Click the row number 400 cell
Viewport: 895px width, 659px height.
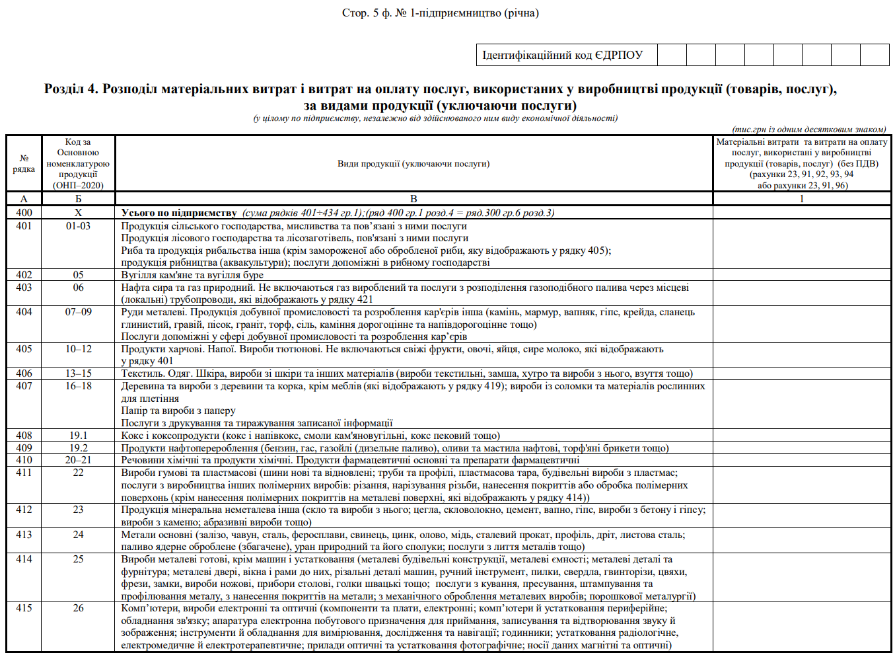point(24,213)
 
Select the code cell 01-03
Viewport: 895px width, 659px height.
point(78,226)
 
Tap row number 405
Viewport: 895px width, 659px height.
point(24,349)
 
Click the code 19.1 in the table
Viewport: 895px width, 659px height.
point(78,436)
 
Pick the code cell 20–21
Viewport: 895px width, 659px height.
point(78,460)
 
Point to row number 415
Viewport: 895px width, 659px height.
point(24,608)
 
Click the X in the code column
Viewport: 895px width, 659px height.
point(78,213)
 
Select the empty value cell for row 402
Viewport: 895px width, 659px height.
point(801,275)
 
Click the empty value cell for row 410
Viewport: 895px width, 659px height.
point(801,460)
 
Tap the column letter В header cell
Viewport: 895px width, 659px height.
point(413,199)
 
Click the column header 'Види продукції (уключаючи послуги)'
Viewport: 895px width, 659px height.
point(413,164)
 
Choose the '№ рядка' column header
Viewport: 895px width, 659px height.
point(24,164)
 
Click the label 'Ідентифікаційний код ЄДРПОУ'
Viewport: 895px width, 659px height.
point(562,55)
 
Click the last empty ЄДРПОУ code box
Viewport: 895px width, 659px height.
point(875,55)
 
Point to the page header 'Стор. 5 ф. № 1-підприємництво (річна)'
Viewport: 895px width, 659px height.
point(440,13)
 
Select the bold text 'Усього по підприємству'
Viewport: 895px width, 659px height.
point(179,213)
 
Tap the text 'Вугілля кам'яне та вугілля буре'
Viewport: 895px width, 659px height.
point(192,275)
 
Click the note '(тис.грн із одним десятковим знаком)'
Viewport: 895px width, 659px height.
point(809,130)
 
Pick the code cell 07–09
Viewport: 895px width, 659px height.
point(78,312)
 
